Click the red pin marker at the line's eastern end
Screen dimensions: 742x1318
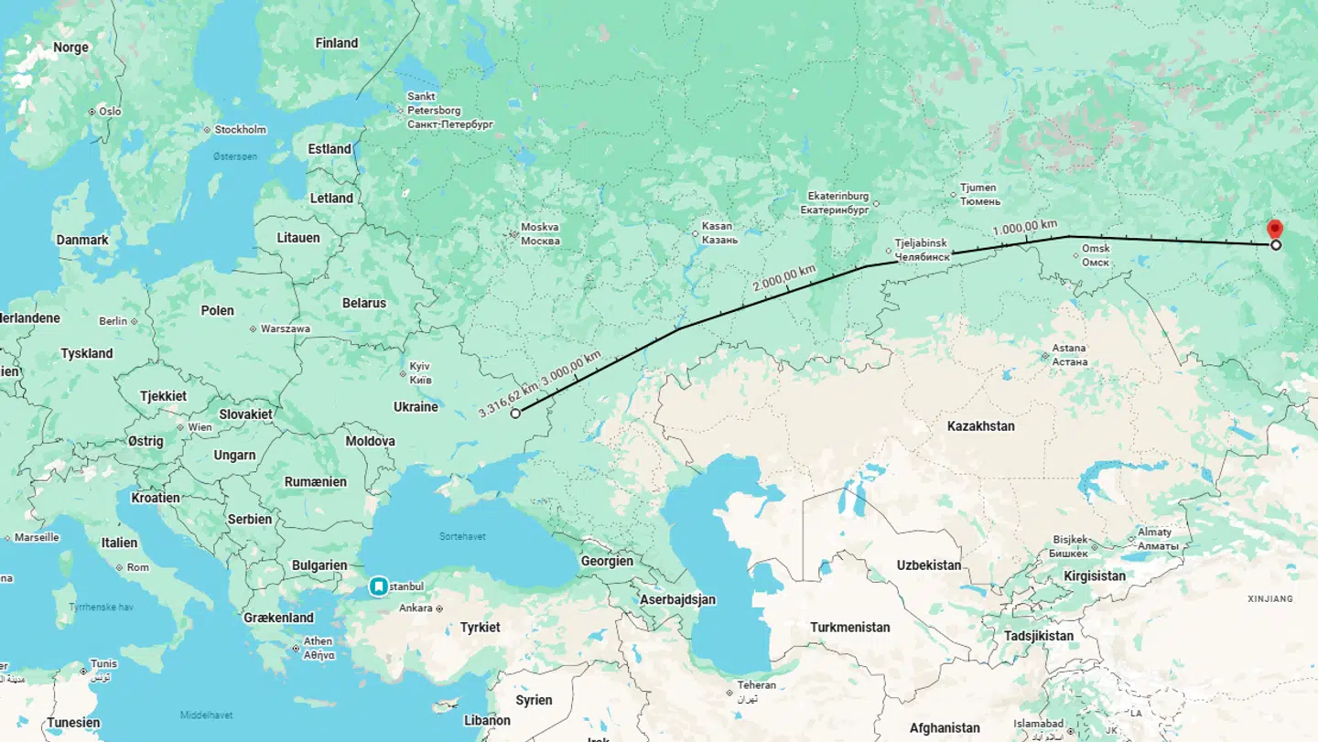click(x=1274, y=230)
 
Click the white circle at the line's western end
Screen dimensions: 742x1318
click(x=515, y=414)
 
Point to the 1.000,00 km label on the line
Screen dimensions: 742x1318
click(x=1025, y=228)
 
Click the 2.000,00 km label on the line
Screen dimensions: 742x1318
click(x=783, y=278)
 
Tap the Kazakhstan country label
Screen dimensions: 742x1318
click(x=980, y=426)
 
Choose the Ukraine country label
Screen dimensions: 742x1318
click(x=416, y=407)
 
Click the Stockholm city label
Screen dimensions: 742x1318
click(x=240, y=130)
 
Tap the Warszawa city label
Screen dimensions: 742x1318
click(x=285, y=328)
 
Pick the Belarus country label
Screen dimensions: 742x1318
click(x=363, y=303)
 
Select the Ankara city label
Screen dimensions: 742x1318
click(x=416, y=608)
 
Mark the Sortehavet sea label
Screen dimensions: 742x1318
click(x=462, y=537)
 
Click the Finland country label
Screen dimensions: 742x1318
click(x=337, y=43)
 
